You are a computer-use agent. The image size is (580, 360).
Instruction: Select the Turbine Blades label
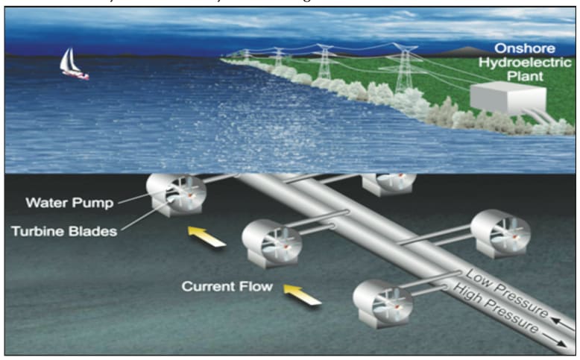pyautogui.click(x=64, y=230)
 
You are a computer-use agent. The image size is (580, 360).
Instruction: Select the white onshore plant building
pyautogui.click(x=502, y=100)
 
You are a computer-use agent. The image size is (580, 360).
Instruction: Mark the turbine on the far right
pyautogui.click(x=500, y=232)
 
